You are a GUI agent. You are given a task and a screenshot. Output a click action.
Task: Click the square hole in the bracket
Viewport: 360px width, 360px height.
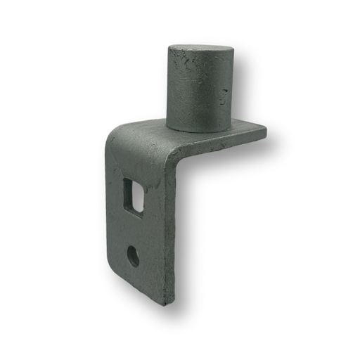click(133, 195)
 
